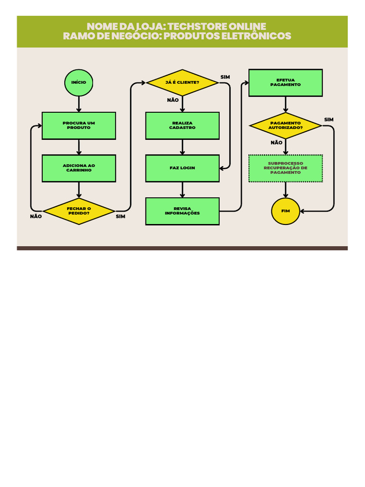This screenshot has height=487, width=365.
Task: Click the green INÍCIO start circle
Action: [79, 83]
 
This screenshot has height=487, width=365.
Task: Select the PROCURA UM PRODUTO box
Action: [79, 126]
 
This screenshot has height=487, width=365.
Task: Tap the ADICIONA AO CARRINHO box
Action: [79, 168]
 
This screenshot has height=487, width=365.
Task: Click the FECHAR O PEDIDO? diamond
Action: [79, 211]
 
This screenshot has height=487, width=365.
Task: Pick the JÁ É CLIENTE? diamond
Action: [182, 83]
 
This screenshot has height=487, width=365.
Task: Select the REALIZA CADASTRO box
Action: [182, 126]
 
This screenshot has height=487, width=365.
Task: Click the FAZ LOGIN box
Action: [182, 168]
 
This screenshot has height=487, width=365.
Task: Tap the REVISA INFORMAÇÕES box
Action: [182, 211]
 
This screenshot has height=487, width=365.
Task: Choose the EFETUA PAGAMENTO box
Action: [286, 83]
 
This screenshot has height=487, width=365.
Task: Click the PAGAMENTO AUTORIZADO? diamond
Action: [286, 126]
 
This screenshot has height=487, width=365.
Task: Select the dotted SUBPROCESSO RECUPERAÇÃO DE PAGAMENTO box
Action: [286, 168]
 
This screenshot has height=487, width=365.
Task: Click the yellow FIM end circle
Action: [286, 211]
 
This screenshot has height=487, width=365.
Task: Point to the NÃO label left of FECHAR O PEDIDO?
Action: [36, 216]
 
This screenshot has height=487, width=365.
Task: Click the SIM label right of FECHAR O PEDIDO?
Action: [121, 216]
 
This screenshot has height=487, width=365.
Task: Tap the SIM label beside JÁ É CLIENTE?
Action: [225, 77]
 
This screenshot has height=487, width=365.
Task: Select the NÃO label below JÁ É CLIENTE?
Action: [173, 100]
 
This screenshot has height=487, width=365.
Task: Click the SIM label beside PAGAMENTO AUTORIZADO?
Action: [329, 119]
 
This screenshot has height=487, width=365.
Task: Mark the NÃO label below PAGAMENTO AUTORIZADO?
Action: [277, 143]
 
